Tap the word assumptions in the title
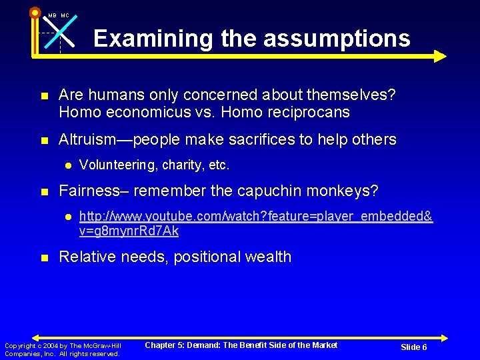(337, 38)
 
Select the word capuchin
(262, 191)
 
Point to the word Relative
(85, 257)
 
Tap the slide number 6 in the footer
(424, 347)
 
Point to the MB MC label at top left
(59, 15)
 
